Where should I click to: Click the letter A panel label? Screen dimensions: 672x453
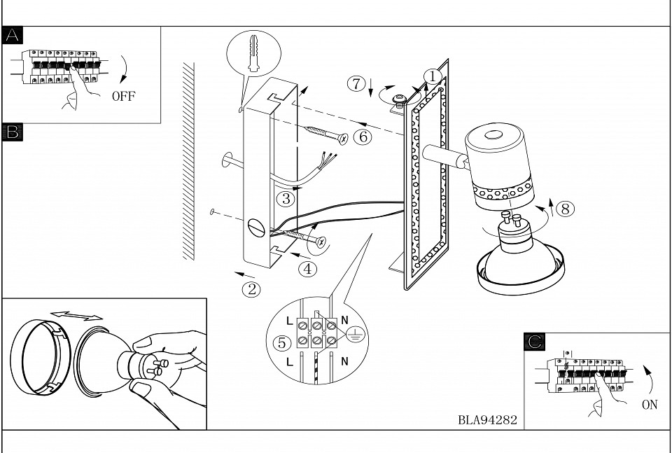tap(12, 35)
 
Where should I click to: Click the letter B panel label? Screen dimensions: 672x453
tap(12, 132)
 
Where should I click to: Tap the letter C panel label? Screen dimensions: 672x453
tap(534, 342)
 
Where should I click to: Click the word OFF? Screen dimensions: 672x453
tap(123, 97)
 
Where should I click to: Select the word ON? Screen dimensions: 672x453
tap(650, 405)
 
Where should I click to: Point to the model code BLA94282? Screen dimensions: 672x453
tap(488, 419)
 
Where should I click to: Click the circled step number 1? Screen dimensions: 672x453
tap(433, 77)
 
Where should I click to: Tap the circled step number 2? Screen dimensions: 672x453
tap(251, 290)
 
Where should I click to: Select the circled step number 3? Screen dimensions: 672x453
tap(286, 199)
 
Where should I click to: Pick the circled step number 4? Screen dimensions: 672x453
tap(307, 269)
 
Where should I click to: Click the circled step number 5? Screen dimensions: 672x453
tap(282, 343)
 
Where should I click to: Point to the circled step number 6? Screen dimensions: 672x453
tap(363, 137)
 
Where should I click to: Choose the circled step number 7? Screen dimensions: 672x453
tap(356, 83)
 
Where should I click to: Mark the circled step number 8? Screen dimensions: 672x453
tap(565, 209)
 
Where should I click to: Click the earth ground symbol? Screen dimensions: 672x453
tap(355, 334)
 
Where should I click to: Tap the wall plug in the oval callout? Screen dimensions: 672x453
tap(253, 53)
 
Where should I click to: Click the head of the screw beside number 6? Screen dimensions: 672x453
tap(343, 139)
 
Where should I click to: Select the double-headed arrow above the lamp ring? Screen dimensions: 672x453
tap(76, 316)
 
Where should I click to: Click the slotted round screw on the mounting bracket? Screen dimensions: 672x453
tap(257, 228)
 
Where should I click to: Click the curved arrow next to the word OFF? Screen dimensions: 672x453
tap(125, 69)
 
